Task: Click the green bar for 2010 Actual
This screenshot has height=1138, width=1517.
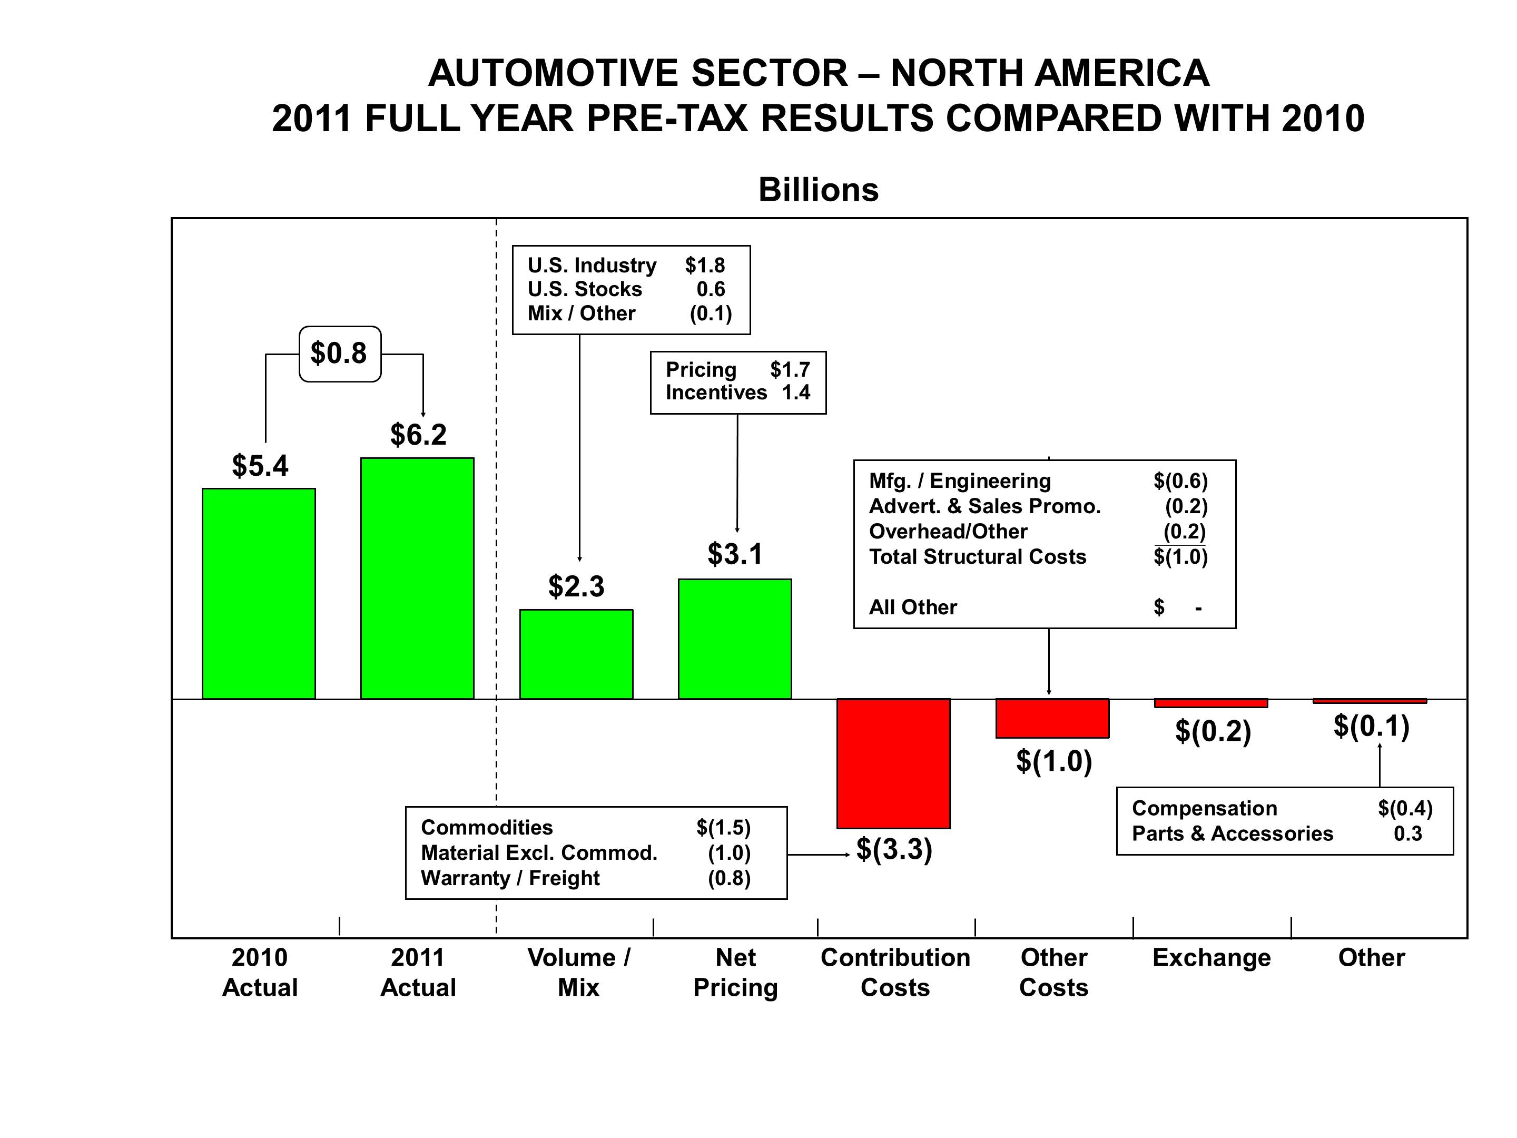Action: pos(259,593)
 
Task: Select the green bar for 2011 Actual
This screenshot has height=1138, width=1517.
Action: pos(417,578)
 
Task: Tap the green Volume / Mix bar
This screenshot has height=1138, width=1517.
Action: pos(576,654)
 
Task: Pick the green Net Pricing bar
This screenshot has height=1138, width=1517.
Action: pos(734,639)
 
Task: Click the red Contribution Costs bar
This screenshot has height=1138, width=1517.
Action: pos(893,763)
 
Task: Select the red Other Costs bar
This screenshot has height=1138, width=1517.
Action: pos(1052,718)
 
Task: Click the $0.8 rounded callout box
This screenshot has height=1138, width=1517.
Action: pos(339,354)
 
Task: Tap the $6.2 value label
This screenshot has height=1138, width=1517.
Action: pos(418,434)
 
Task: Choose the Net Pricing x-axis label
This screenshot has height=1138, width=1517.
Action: pos(735,972)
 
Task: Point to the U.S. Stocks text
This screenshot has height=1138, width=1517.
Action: pos(584,289)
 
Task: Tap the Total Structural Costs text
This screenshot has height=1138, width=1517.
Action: pos(977,556)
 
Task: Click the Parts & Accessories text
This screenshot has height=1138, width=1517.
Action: pos(1232,833)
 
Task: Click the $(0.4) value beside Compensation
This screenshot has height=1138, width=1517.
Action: pos(1404,808)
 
